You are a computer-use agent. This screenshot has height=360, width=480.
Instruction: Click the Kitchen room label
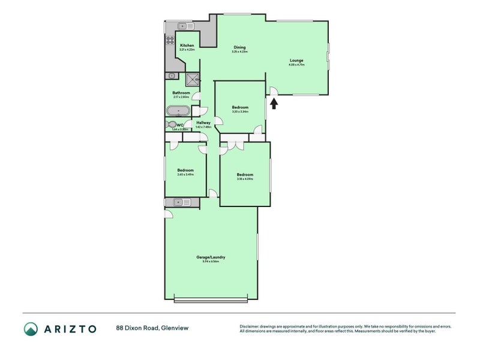click(x=187, y=46)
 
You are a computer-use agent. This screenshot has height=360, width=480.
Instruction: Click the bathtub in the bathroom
click(x=178, y=111)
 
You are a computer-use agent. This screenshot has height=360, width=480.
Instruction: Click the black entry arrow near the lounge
click(x=274, y=104)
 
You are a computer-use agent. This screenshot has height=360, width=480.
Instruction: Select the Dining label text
click(x=239, y=47)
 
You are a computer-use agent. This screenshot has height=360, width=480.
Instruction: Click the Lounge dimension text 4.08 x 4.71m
click(x=296, y=64)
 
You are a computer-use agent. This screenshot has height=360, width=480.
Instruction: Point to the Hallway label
click(x=203, y=122)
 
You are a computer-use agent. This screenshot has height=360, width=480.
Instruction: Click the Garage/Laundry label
click(x=211, y=257)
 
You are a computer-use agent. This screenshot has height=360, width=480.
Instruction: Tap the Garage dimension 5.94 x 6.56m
click(x=211, y=262)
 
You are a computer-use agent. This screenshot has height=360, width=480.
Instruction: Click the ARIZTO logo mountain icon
click(x=31, y=328)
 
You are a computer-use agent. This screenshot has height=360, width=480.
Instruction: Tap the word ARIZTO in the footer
click(x=71, y=328)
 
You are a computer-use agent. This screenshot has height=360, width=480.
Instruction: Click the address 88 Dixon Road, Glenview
click(x=148, y=328)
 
